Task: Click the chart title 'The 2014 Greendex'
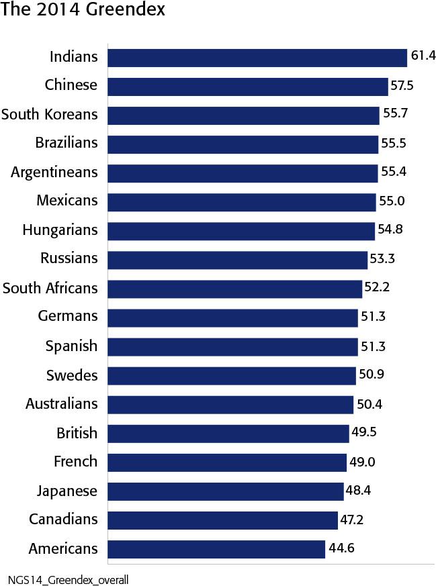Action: click(83, 11)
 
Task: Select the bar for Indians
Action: click(257, 57)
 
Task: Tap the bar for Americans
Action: click(216, 548)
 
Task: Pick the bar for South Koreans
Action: click(243, 115)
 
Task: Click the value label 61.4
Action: click(423, 56)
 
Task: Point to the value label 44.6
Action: click(341, 548)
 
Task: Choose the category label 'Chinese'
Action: click(71, 85)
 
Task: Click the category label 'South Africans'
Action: click(50, 288)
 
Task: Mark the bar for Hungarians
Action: click(241, 230)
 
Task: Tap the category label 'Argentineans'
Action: click(54, 172)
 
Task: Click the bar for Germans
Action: click(232, 317)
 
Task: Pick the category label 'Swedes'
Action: click(72, 375)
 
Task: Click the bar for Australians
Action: click(230, 404)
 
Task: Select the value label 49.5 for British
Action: click(363, 432)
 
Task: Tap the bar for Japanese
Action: click(226, 491)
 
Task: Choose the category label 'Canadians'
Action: click(63, 520)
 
